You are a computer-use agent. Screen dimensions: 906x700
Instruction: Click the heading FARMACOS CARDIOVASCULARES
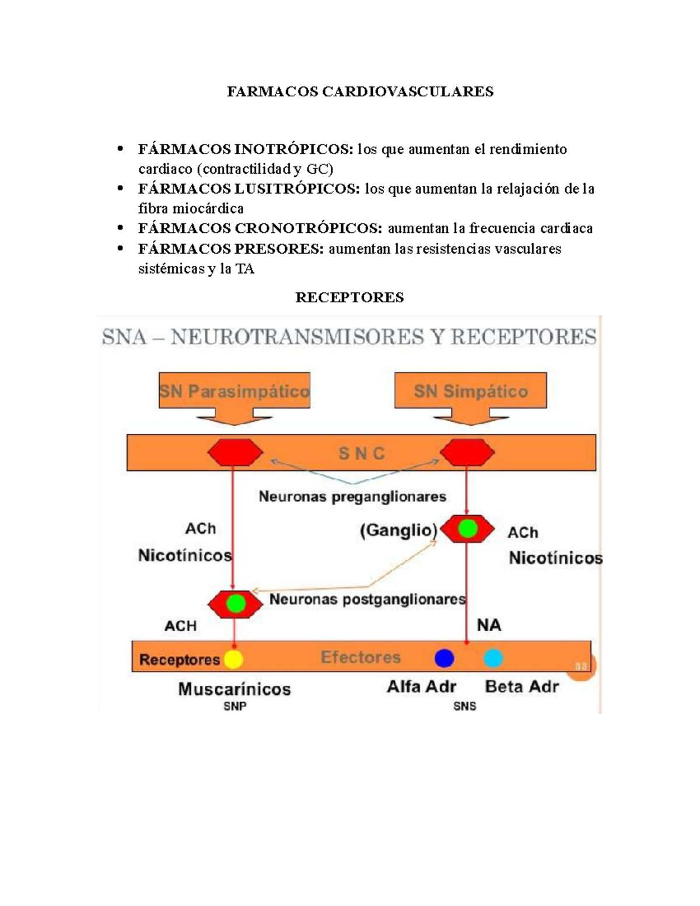click(360, 92)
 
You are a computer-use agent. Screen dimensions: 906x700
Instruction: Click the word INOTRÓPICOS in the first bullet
click(293, 149)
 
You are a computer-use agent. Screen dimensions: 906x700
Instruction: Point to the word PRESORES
click(279, 249)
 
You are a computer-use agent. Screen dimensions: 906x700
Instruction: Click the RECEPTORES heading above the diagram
click(349, 298)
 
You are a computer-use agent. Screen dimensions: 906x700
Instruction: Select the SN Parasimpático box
click(235, 391)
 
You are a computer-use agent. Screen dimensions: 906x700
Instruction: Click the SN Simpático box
click(471, 391)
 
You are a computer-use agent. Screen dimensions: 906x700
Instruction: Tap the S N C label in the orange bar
click(362, 453)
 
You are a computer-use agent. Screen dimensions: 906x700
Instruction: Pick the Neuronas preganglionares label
click(352, 496)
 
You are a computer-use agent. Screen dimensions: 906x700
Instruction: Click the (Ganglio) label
click(398, 530)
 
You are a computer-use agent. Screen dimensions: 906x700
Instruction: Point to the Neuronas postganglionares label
click(367, 599)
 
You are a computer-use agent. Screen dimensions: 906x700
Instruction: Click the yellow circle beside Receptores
click(233, 659)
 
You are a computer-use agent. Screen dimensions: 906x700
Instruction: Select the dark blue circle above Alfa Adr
click(444, 658)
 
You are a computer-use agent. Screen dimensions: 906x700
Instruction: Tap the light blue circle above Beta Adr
click(493, 658)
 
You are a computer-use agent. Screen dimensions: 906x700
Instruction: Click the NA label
click(489, 625)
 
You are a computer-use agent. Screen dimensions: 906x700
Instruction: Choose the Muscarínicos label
click(235, 689)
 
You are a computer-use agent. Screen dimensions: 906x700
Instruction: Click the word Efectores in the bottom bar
click(360, 657)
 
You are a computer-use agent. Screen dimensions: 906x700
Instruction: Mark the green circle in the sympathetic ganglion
click(467, 529)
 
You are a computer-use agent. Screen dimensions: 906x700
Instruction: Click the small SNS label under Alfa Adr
click(465, 706)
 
